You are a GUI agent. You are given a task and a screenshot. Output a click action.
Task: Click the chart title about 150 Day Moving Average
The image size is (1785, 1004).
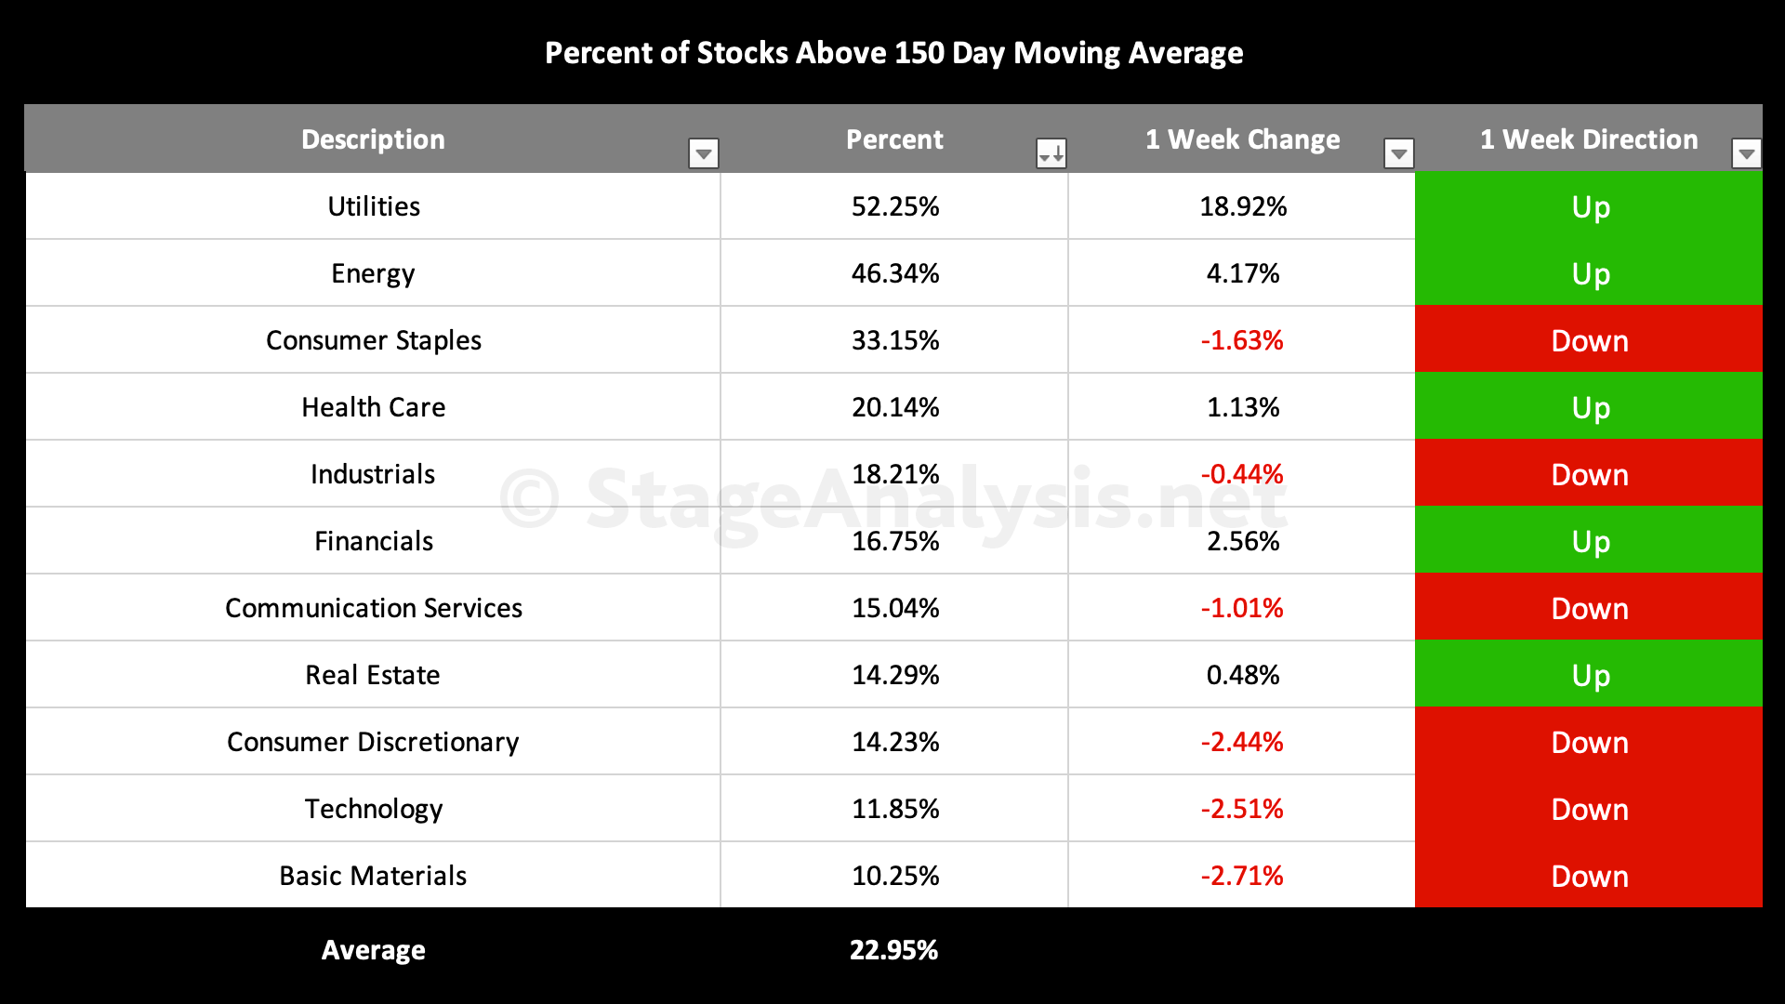(x=893, y=54)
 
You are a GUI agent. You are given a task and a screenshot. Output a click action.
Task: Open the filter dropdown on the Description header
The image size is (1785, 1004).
(x=704, y=153)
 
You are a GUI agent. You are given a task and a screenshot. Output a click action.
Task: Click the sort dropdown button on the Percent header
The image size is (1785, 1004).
(x=1051, y=153)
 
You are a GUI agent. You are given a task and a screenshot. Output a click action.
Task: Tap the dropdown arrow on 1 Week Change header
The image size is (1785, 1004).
(x=1399, y=153)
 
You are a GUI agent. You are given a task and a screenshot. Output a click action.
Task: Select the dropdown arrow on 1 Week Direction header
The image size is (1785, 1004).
(x=1747, y=153)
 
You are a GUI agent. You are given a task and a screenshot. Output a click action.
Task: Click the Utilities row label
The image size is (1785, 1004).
(x=374, y=206)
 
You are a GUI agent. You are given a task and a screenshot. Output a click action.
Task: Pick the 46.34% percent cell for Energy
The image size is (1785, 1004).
(x=895, y=273)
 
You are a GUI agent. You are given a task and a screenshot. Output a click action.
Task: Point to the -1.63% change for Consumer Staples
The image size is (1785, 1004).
(x=1242, y=340)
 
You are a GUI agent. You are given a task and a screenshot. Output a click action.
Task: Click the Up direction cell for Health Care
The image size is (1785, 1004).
(x=1589, y=406)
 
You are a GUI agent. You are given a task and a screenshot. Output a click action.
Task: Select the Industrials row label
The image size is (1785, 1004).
(x=373, y=474)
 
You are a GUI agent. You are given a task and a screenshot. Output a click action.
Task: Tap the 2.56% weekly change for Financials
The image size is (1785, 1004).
(x=1243, y=541)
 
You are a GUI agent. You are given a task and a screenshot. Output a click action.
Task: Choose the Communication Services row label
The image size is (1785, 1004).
(x=374, y=608)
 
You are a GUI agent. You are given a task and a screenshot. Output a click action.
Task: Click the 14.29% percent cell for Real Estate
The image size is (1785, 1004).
(x=895, y=675)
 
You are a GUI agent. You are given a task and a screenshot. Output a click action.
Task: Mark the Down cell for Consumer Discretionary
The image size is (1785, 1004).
(x=1589, y=741)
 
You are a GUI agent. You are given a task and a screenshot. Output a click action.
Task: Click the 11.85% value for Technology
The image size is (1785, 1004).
(x=895, y=809)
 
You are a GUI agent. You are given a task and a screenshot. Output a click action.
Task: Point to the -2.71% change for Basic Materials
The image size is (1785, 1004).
(x=1242, y=876)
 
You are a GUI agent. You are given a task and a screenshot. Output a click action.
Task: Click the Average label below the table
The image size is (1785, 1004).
(x=374, y=950)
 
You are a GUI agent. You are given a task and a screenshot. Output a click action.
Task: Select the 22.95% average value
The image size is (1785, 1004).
(x=894, y=950)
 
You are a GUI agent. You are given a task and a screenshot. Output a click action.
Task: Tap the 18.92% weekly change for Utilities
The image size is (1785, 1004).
(x=1243, y=206)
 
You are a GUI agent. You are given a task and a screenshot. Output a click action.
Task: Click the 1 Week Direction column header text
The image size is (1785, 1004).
(x=1589, y=139)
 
